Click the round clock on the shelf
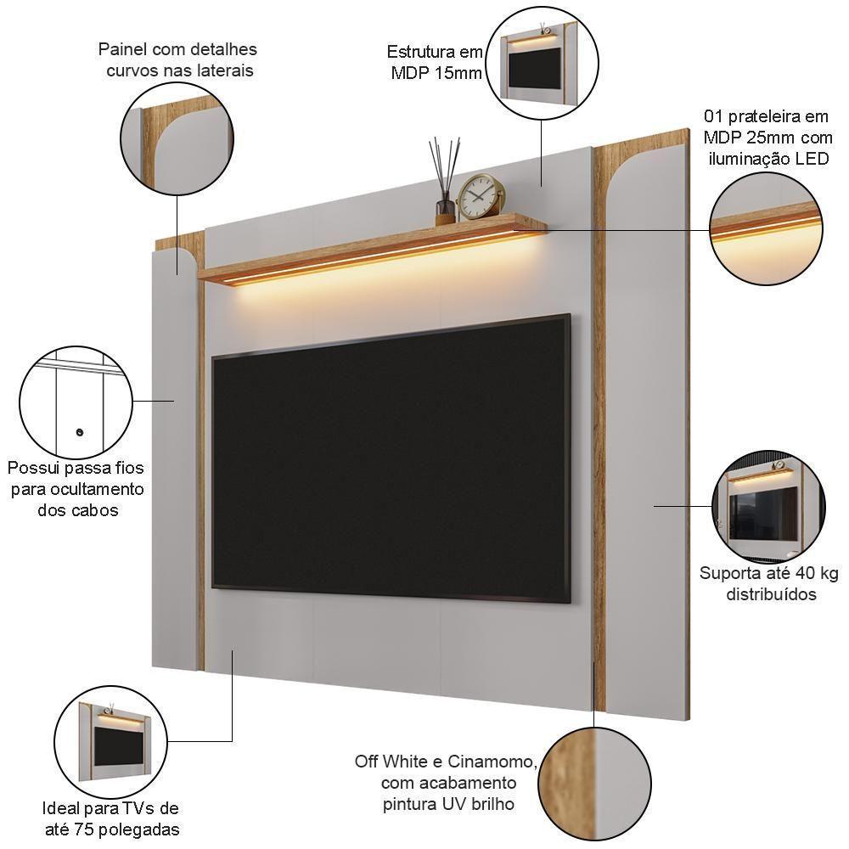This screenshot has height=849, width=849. point(481,197)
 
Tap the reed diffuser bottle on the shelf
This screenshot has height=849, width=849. point(445,208)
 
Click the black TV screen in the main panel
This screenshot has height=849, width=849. point(391,458)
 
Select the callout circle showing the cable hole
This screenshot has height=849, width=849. point(76,402)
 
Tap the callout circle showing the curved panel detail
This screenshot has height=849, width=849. point(177,138)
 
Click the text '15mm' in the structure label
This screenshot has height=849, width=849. point(458,73)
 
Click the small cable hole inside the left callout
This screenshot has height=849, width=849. point(80,433)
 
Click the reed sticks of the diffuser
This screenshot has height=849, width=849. point(444,166)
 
